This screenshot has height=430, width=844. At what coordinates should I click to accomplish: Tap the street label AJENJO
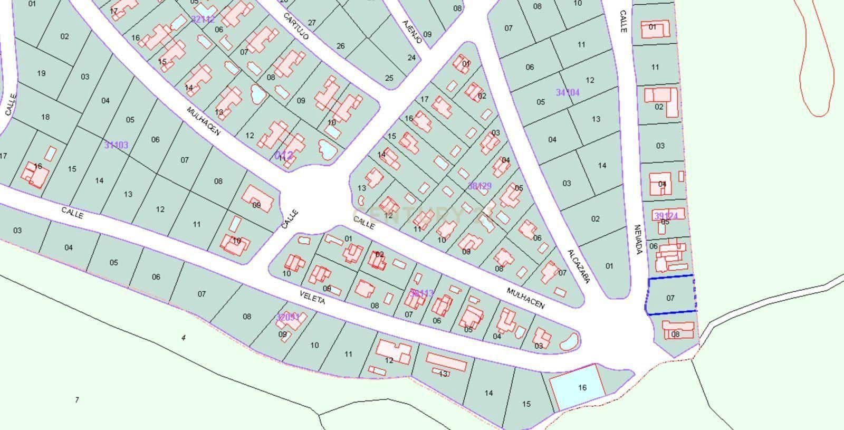click(411, 31)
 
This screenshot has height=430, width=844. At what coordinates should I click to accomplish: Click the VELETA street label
click(312, 298)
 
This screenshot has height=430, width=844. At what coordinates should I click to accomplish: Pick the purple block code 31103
click(116, 145)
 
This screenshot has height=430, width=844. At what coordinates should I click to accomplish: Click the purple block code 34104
click(568, 92)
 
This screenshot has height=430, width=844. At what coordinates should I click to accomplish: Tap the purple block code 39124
click(666, 216)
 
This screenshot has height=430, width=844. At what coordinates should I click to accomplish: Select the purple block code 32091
click(288, 317)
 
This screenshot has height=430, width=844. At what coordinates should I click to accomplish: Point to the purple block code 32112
click(203, 20)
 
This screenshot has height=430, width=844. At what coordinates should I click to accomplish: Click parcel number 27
click(312, 23)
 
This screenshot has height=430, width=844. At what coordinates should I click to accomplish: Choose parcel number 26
click(340, 46)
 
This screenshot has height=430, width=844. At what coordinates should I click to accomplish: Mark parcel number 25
click(389, 78)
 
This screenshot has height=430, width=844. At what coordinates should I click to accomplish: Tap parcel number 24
click(411, 58)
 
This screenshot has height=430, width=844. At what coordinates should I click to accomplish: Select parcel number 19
click(41, 73)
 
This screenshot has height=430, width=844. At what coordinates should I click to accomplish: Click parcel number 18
click(45, 117)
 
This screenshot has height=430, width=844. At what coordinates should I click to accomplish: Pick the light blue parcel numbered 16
click(577, 388)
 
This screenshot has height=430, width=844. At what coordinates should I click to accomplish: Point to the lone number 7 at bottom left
click(77, 400)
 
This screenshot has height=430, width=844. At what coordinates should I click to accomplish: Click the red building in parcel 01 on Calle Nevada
click(655, 30)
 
